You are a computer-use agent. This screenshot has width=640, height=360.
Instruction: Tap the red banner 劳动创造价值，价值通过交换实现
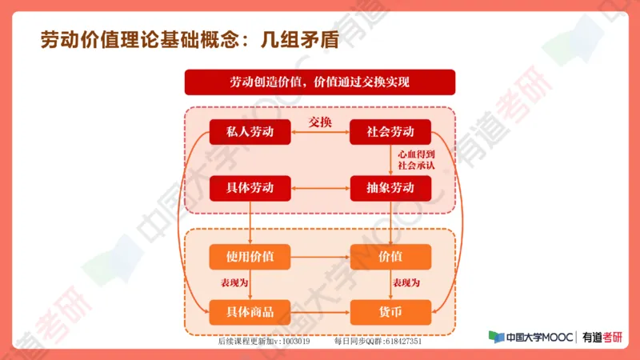click(x=319, y=82)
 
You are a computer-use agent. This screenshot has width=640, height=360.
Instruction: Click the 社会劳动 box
click(x=390, y=132)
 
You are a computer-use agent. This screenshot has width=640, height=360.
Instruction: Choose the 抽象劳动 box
click(x=390, y=188)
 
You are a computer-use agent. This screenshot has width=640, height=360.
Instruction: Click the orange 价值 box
click(x=390, y=257)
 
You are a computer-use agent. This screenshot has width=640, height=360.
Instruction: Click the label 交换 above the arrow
click(x=320, y=122)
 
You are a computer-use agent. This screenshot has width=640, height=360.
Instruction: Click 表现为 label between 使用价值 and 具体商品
click(x=235, y=284)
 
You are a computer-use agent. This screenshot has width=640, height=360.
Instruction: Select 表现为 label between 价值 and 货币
click(x=406, y=284)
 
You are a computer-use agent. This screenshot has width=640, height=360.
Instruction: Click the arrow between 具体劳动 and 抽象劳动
click(x=320, y=189)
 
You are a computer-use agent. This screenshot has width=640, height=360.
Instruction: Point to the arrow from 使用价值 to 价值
click(x=320, y=257)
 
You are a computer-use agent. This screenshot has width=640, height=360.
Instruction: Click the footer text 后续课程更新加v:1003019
click(x=263, y=341)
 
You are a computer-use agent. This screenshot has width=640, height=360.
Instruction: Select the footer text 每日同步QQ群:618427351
click(x=378, y=341)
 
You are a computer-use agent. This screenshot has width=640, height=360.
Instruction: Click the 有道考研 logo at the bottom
click(x=602, y=338)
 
